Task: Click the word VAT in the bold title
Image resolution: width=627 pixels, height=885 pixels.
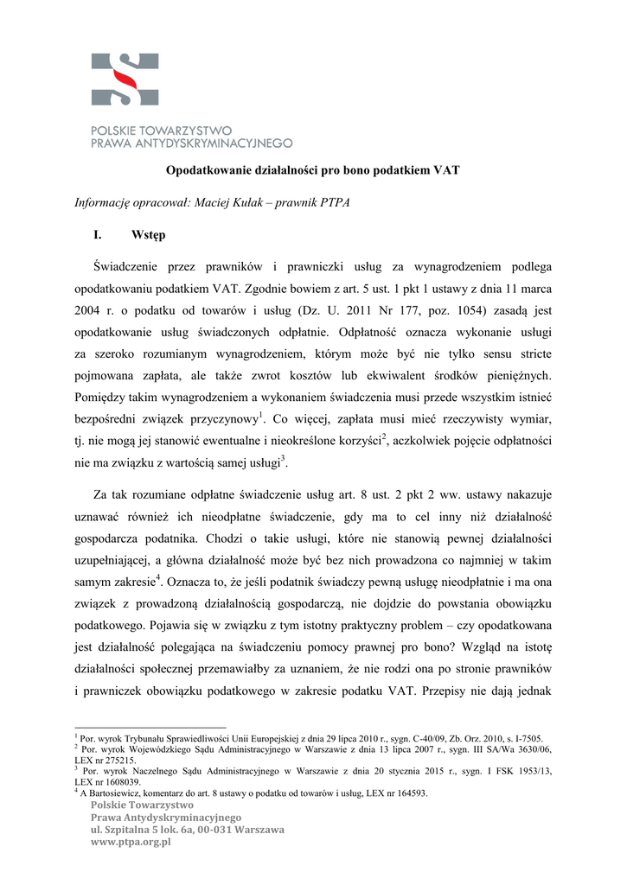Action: point(445,170)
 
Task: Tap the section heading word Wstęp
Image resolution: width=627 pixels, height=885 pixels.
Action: point(150,234)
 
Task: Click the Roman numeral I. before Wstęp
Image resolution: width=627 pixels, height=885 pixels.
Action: point(98,234)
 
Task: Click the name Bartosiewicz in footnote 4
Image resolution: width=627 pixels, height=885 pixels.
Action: point(118,793)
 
